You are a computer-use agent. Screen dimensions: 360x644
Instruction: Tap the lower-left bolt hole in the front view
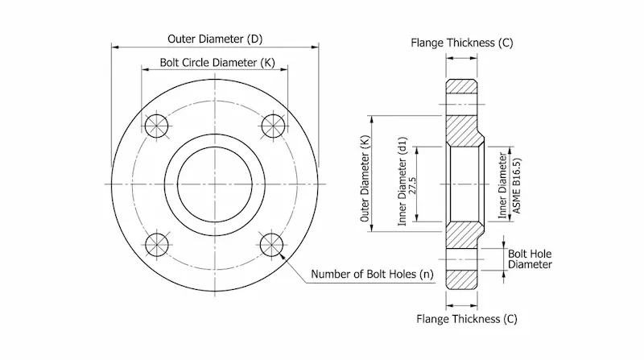tap(155, 243)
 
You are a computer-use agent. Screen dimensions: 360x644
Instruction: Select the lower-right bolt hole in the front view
tap(273, 243)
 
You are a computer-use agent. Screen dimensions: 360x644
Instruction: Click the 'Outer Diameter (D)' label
tap(214, 39)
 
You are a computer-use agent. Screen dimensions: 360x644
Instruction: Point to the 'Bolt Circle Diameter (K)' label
tap(214, 63)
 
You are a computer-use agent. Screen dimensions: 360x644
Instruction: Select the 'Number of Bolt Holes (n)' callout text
tap(372, 275)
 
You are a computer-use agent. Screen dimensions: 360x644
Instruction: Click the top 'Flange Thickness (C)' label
tap(462, 42)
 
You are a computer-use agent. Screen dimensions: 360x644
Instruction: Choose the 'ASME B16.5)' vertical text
tap(516, 184)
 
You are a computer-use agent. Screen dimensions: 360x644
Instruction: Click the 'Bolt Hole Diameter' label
tap(530, 259)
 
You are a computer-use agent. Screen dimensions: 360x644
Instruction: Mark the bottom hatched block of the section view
tap(463, 278)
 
